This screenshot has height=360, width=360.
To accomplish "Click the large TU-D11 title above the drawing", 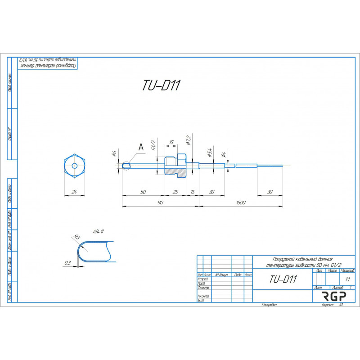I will pos(162,85).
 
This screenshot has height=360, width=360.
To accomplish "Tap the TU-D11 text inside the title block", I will pos(283,279).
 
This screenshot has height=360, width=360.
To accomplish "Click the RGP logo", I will pos(333,296).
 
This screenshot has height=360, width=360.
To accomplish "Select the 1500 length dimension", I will pos(241,203).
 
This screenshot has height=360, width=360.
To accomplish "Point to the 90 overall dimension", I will pos(160,203).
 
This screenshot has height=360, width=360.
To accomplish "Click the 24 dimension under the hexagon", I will pos(75,192).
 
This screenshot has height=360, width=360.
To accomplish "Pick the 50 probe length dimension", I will pos(143,192).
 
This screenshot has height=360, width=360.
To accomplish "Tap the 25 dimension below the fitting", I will pos(175,192).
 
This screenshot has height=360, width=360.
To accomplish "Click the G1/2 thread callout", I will pos(153,147).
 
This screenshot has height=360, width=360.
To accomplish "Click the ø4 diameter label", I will pos(224,155).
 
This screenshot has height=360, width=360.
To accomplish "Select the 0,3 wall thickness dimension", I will pos(67,262).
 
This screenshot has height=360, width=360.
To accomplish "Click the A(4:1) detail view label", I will pos(98,232).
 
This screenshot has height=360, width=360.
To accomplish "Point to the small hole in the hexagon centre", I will pos(75,165).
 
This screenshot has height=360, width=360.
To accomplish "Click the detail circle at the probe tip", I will pos(126,166).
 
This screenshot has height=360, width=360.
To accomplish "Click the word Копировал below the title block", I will pos(269,305).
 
